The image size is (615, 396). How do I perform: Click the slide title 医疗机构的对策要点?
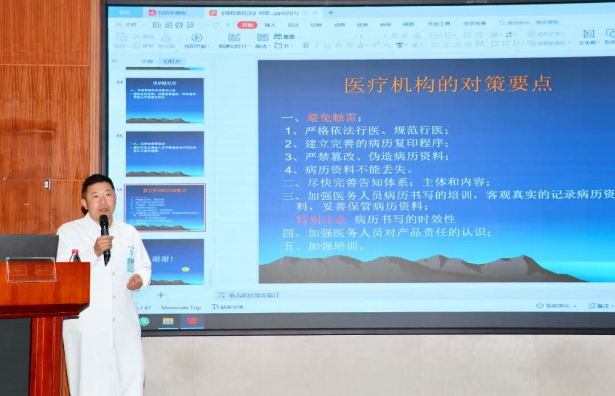448,84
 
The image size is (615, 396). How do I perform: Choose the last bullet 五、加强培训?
324,246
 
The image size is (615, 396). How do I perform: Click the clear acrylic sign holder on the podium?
31,270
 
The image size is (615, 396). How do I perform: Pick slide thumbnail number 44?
165,100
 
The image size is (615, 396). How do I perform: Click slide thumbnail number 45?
165,154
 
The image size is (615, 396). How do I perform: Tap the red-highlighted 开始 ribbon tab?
247,25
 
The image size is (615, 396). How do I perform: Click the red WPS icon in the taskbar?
192,321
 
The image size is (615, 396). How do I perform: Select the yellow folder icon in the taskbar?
168,321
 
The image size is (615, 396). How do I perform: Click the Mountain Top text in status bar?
181,308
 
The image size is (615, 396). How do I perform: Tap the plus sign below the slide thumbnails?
161,295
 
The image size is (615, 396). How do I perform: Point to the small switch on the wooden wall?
47,184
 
